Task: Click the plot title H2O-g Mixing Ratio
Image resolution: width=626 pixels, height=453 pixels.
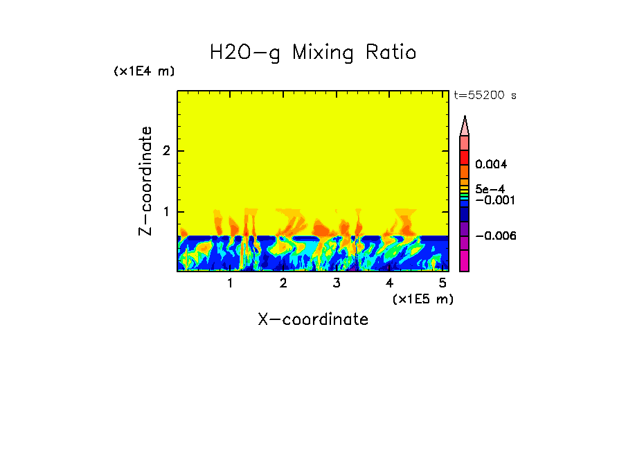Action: pos(313,53)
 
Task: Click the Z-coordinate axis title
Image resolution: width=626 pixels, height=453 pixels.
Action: pos(145,181)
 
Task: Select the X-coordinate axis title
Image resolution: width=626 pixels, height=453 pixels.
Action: pos(313,319)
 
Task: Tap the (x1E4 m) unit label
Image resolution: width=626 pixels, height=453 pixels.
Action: pos(144,71)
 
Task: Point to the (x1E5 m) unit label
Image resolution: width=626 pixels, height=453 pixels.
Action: pos(422,299)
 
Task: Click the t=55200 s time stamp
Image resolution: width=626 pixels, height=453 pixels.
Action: pos(485,96)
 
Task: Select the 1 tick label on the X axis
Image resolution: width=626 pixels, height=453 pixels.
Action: pos(230,283)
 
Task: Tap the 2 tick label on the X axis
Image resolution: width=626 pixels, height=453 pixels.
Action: pos(283,283)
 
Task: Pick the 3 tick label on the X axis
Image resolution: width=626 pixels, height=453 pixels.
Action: pos(337,283)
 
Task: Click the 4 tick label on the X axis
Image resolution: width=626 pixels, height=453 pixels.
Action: pos(389,283)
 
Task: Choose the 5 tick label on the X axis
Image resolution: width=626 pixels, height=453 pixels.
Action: pos(442,283)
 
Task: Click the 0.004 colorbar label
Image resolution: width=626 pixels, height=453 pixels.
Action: pos(492,165)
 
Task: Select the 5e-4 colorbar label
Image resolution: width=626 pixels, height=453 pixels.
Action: pos(490,188)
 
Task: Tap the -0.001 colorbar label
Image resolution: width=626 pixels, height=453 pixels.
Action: pos(492,199)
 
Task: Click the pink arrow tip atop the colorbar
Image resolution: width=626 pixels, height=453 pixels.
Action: pos(465,125)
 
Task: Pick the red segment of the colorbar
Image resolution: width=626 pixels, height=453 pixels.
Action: pos(465,157)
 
